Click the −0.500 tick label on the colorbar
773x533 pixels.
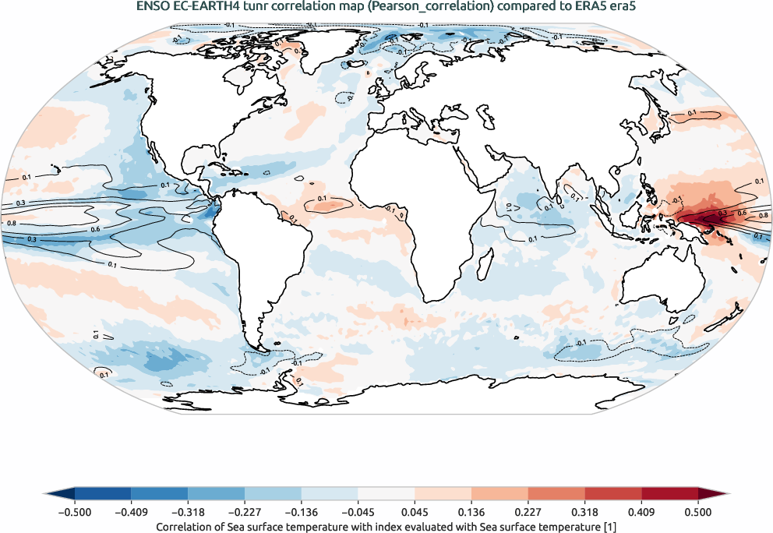pyautogui.click(x=75, y=512)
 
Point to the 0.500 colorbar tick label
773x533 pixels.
pyautogui.click(x=697, y=512)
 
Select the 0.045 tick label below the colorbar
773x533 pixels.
pyautogui.click(x=415, y=512)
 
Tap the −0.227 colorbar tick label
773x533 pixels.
pyautogui.click(x=245, y=512)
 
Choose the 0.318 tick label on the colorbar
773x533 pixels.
pyautogui.click(x=584, y=512)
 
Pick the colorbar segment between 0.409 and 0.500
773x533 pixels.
pyautogui.click(x=669, y=494)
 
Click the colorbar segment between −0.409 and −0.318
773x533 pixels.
pyautogui.click(x=160, y=494)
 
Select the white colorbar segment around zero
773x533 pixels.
pyautogui.click(x=386, y=494)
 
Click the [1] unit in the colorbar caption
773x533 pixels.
pyautogui.click(x=611, y=528)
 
